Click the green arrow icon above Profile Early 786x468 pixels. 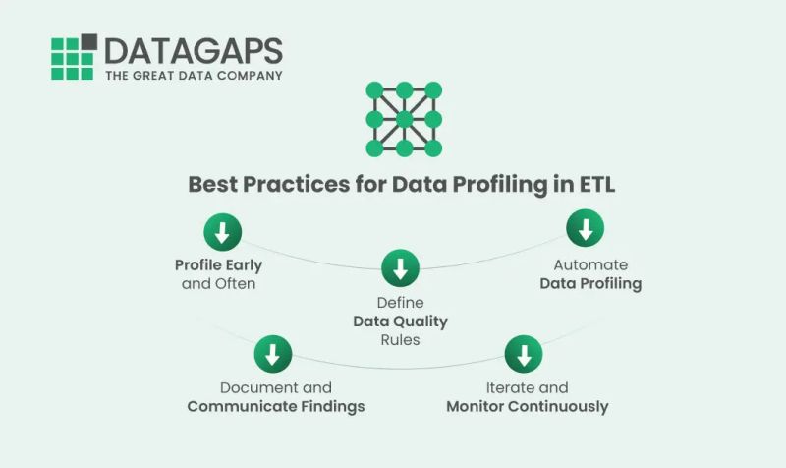click(x=222, y=233)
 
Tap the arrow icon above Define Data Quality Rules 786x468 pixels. click(x=400, y=267)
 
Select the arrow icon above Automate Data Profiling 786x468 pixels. click(x=586, y=229)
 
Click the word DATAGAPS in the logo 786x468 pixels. click(x=193, y=51)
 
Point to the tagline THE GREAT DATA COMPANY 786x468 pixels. click(x=194, y=75)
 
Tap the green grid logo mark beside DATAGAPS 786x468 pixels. click(x=74, y=57)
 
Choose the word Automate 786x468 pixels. click(x=590, y=265)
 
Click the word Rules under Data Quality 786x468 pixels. click(x=400, y=340)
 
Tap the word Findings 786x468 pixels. click(x=328, y=406)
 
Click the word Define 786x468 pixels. click(x=400, y=303)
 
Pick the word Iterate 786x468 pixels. click(x=512, y=387)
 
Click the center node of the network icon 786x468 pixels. click(x=403, y=120)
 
